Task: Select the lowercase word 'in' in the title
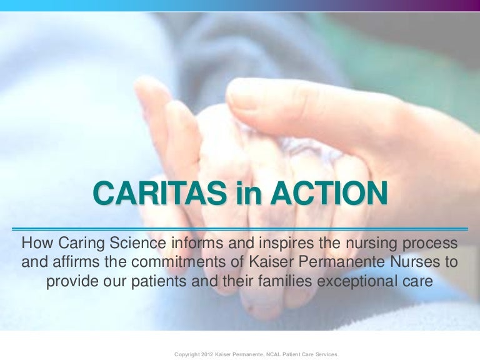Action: click(248, 194)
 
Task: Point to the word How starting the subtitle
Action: click(36, 242)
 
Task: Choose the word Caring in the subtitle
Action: click(82, 242)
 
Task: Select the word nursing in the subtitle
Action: click(369, 242)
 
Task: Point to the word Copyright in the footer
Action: click(187, 354)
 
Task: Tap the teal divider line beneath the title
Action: click(240, 229)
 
